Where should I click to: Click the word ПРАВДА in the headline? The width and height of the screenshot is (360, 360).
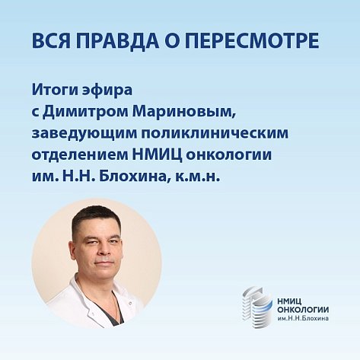pos(114,40)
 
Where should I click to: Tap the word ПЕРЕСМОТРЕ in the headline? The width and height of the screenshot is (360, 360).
pos(254,40)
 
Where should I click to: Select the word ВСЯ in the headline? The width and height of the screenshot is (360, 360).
pos(51,40)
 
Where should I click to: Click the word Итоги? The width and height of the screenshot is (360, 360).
pos(54,91)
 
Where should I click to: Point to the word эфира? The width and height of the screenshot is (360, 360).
pos(107,91)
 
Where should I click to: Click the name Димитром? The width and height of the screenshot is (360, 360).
pos(85,112)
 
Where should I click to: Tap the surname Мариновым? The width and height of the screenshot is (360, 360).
pos(184,112)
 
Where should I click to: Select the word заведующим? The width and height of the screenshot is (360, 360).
pos(84,134)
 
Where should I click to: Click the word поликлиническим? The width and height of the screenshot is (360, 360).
pos(215,132)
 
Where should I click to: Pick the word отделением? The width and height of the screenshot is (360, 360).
pos(80,155)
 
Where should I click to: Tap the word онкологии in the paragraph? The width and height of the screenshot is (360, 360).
pos(229,155)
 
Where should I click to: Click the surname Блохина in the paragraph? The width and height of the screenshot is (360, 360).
pos(132,177)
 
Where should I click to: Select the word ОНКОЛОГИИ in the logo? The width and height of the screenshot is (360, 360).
pos(303,310)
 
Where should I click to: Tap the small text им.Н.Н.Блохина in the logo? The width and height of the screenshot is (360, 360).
pos(303,318)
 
